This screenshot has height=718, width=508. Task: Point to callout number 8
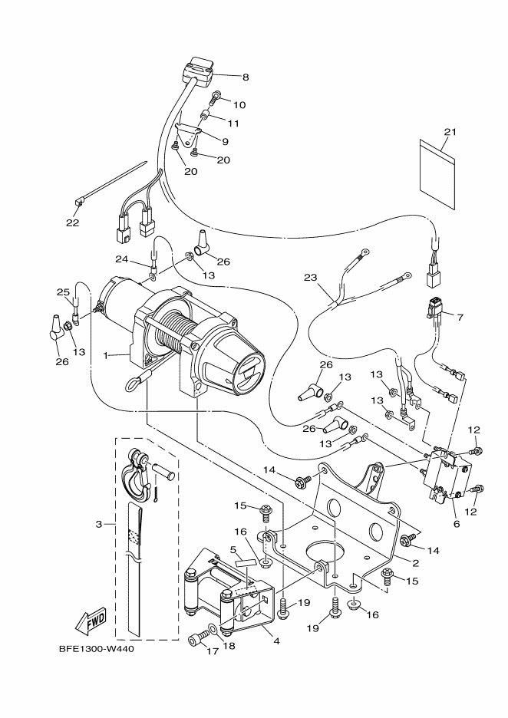click(246, 77)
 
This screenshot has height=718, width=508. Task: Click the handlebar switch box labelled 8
click(200, 71)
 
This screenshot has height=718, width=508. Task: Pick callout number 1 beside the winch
click(107, 356)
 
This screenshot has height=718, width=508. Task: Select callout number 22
click(72, 223)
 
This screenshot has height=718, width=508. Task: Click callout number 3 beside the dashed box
click(99, 525)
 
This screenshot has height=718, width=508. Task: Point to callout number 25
click(63, 292)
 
